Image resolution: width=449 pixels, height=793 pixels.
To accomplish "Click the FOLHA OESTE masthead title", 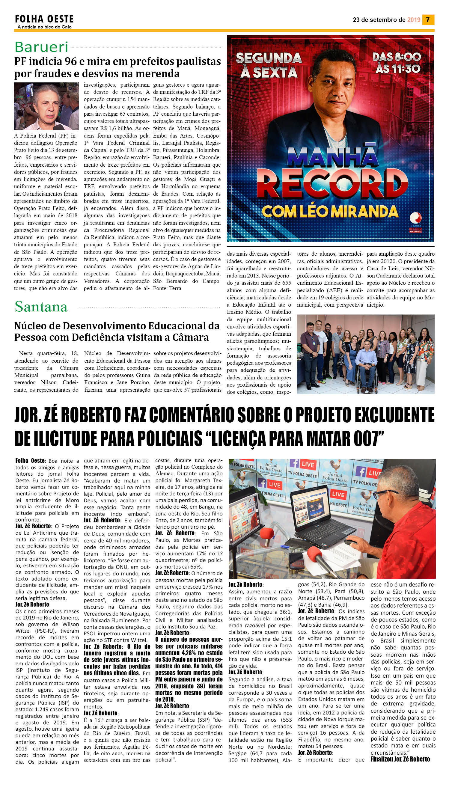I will (x=44, y=19).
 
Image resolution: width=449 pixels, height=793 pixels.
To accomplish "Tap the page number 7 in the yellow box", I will (x=428, y=20).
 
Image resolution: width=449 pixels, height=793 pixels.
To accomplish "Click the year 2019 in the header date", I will (x=414, y=20).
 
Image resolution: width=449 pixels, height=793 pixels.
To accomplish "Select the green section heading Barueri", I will (x=41, y=47).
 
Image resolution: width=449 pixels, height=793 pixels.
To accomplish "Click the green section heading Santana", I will (x=41, y=307).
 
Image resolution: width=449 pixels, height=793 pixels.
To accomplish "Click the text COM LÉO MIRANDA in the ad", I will (x=330, y=212).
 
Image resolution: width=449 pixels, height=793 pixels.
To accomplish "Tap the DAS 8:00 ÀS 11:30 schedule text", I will (x=397, y=63).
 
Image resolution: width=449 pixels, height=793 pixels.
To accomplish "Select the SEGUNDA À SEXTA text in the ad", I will (x=269, y=65).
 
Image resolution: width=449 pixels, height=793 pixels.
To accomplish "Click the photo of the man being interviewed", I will (x=46, y=106).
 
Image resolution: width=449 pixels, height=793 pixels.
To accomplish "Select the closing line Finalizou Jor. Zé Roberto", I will (x=400, y=759).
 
